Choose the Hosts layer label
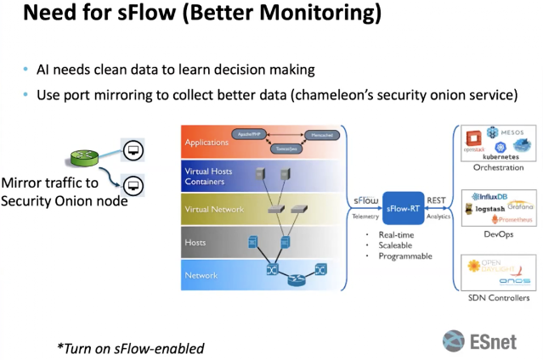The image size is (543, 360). point(196,243)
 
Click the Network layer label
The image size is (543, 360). point(201,275)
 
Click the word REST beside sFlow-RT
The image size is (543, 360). point(436,201)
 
